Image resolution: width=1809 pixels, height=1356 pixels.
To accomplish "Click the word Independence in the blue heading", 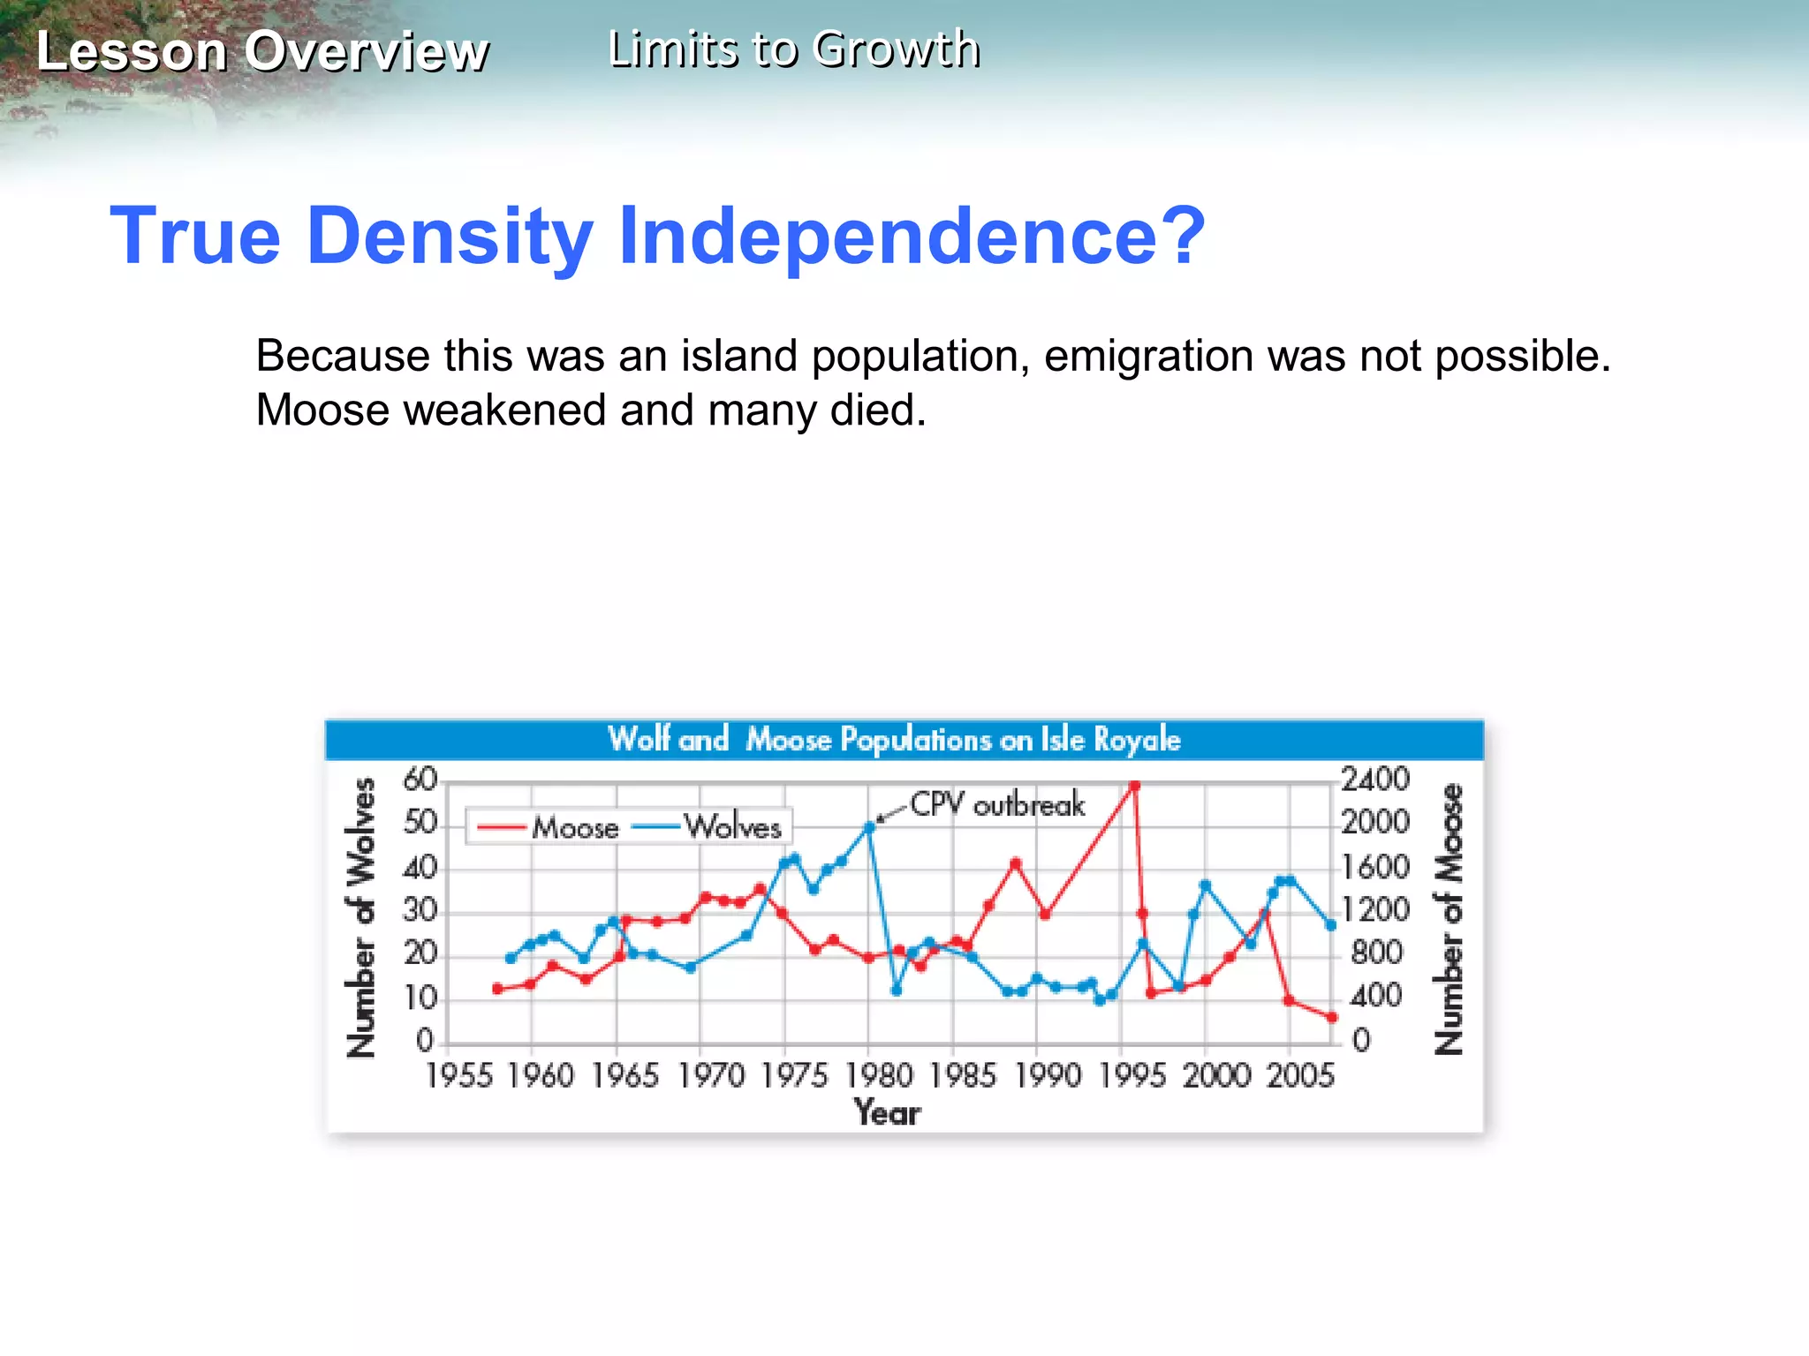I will point(910,237).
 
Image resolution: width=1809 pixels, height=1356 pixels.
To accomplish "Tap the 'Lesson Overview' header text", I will point(262,51).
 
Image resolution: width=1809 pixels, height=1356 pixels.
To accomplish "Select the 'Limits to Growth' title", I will point(794,49).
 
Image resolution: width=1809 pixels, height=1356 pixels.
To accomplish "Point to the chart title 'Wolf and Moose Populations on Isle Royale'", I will point(894,739).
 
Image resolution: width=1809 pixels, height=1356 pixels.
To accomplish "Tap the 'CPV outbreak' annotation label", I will point(997,804).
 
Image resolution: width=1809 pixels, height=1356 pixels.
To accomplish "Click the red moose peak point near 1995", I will point(1134,786).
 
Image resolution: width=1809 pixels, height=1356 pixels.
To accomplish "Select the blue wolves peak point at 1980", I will point(869,827).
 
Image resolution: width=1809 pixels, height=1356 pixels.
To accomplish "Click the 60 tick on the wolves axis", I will point(420,780).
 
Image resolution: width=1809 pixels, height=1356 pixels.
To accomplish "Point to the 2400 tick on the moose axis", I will point(1374,780).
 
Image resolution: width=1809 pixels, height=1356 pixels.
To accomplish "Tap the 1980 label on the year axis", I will point(879,1076).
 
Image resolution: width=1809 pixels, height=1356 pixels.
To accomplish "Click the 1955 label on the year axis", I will point(458,1076).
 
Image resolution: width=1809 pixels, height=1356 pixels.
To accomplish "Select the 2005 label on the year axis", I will point(1300,1076).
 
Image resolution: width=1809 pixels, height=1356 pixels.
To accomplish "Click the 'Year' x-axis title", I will point(887,1112).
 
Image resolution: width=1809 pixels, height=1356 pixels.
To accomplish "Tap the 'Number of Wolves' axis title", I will point(361,917).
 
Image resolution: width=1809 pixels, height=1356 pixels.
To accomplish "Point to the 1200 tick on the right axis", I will point(1374,909).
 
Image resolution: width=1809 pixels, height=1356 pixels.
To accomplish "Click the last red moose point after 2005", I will point(1332,1018).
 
